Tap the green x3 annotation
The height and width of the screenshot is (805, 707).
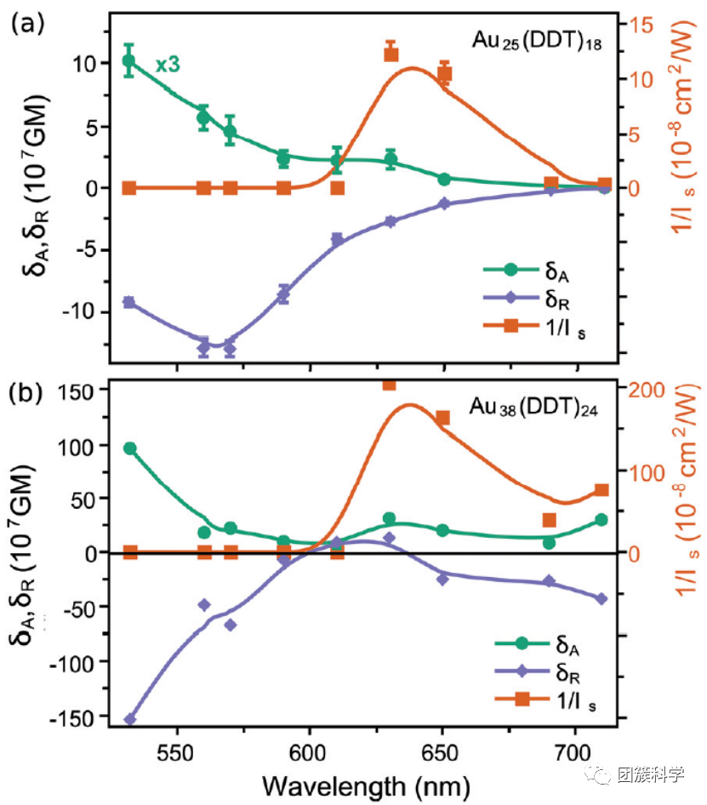coord(167,65)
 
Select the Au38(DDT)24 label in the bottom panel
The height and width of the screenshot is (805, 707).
coord(533,408)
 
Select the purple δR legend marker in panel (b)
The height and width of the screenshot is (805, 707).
coord(510,672)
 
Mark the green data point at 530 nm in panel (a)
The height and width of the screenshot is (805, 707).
coord(129,61)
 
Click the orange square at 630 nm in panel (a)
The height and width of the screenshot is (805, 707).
coord(391,54)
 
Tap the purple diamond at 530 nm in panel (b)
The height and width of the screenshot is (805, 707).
coord(129,720)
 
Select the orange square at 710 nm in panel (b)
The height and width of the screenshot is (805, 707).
coord(602,490)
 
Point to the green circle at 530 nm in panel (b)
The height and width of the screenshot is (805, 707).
coord(129,448)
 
